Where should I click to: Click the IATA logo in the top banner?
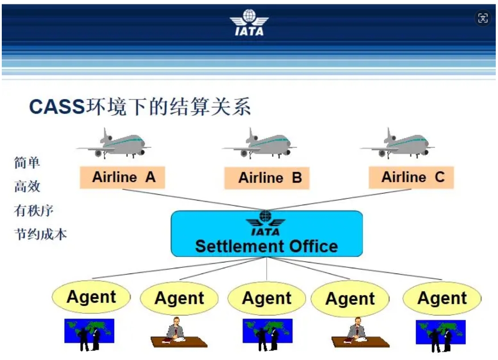click(249, 22)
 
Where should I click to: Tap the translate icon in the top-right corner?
click(483, 18)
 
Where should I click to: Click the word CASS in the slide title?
click(57, 106)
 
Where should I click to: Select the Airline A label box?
click(122, 177)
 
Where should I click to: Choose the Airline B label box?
click(267, 178)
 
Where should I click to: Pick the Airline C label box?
click(412, 177)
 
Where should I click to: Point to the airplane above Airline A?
click(114, 143)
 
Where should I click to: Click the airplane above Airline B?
click(259, 143)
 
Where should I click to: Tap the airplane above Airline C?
click(397, 143)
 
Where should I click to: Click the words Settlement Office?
click(267, 246)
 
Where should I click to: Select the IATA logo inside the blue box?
click(266, 223)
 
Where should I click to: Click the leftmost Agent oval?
click(91, 297)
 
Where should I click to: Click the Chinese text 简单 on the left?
click(27, 163)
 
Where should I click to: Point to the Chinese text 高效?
click(27, 186)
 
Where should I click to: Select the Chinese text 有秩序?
click(34, 210)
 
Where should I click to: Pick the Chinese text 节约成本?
click(41, 235)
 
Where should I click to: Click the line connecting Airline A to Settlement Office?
click(194, 200)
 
